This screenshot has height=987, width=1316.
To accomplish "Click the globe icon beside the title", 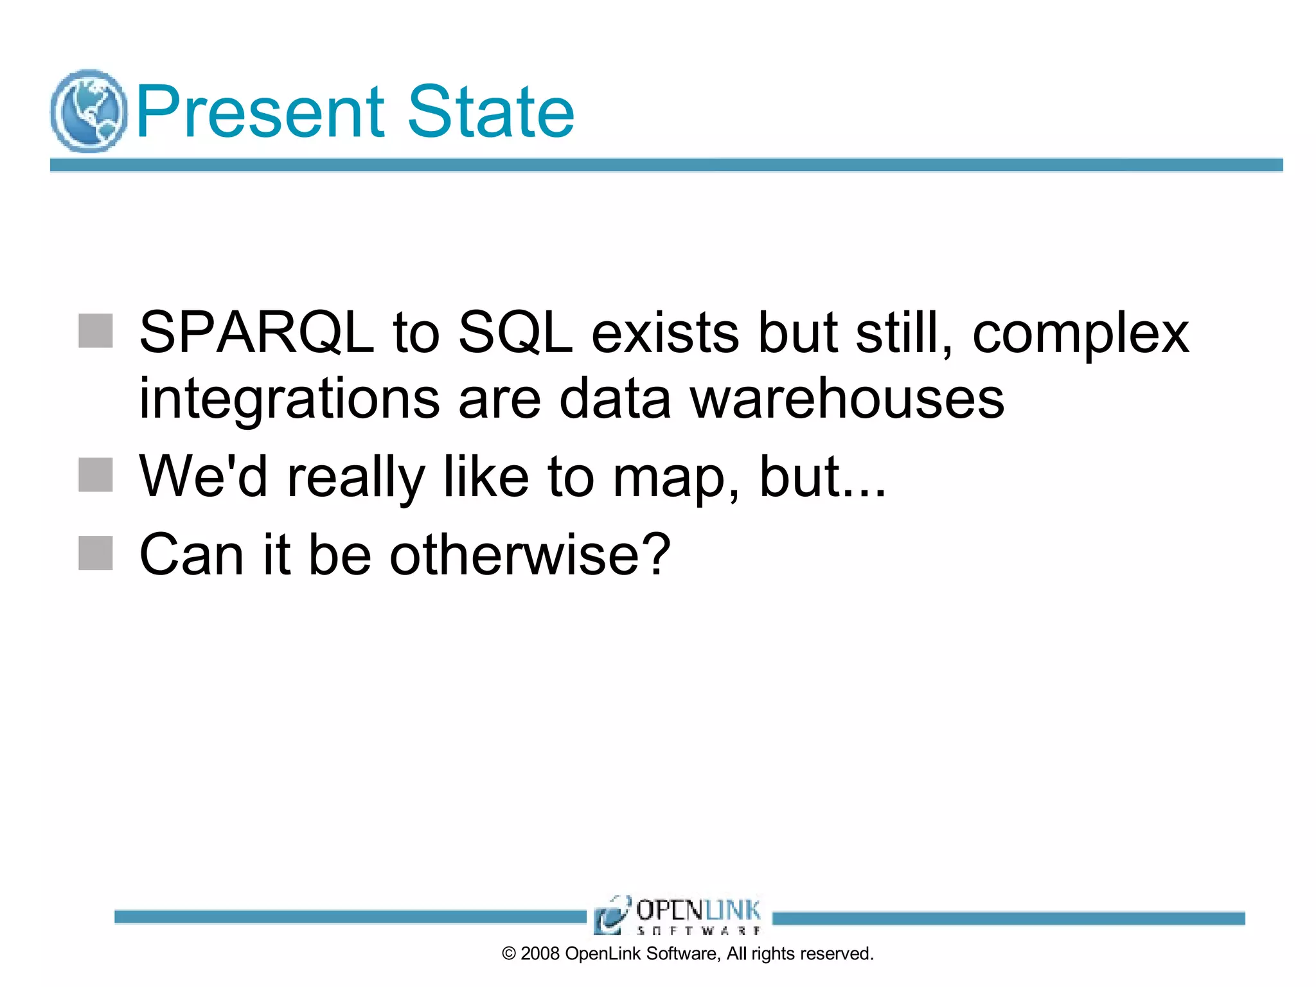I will coord(89,111).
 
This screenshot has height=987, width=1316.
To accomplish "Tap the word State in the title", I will coord(491,112).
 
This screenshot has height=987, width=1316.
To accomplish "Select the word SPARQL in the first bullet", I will coord(256,333).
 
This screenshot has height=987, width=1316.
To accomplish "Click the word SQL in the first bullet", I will coord(515,333).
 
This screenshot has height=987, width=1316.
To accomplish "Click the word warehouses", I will coord(847,398).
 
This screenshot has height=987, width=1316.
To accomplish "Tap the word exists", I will coord(665,333).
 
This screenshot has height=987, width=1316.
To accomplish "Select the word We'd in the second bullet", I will coord(203,476).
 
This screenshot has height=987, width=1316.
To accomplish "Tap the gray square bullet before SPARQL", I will coord(96,331).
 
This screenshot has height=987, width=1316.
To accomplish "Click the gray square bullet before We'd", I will coord(96,475).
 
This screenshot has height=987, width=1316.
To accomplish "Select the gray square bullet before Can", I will coord(96,553).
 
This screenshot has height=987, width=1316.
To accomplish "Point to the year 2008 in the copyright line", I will coord(540,954).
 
